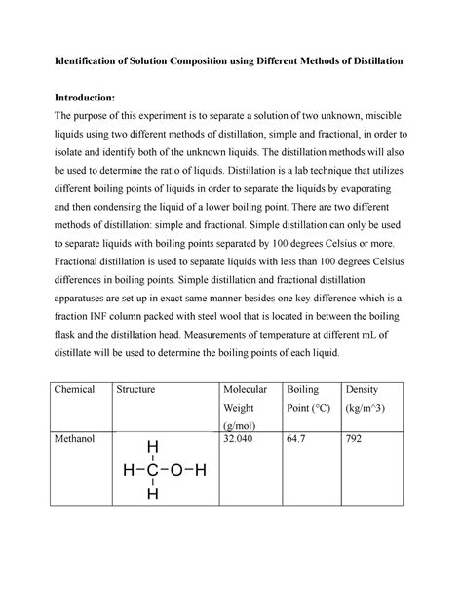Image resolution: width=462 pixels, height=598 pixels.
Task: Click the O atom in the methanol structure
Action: click(176, 471)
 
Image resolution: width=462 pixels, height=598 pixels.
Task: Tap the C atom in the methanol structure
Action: click(151, 471)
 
